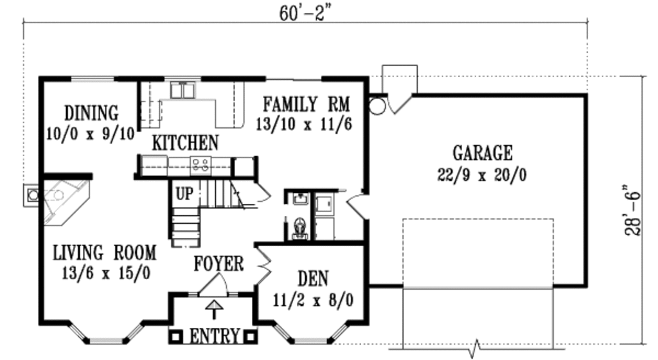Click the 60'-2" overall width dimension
pos(303,14)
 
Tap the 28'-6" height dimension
pos(633,210)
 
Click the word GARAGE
pos(482,153)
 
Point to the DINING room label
pos(91,113)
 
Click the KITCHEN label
pos(185,143)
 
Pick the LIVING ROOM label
pos(105,253)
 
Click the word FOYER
pos(218,264)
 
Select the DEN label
pos(313,278)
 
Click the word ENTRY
pos(213,336)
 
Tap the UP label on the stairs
pos(184,194)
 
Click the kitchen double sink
pos(182,90)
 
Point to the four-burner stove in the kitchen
pos(200,164)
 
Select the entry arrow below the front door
pos(214,309)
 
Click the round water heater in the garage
pos(377,107)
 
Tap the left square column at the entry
pos(176,337)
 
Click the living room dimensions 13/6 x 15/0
pos(106,274)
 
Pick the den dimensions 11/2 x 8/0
pos(313,300)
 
